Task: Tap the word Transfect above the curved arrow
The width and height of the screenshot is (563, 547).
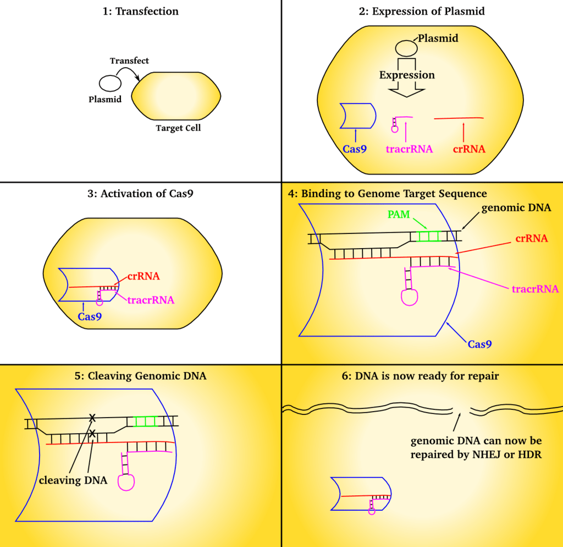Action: [x=129, y=61]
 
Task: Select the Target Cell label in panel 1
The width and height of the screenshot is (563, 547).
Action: [x=178, y=128]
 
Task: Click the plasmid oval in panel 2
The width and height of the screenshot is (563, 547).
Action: [x=408, y=47]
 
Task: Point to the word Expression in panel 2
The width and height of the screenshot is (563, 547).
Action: [x=407, y=75]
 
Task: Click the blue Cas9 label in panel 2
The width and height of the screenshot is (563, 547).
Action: [x=356, y=149]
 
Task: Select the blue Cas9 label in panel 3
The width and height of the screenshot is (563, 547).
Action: [x=89, y=316]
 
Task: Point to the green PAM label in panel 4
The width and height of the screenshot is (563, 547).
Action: [x=399, y=214]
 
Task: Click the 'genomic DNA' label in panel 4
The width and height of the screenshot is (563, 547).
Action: [x=516, y=208]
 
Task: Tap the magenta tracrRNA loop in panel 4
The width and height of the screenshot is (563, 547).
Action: [x=410, y=297]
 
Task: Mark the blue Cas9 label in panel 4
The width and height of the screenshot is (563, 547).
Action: [x=479, y=344]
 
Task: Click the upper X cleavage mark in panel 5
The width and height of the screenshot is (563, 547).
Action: [x=93, y=418]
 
